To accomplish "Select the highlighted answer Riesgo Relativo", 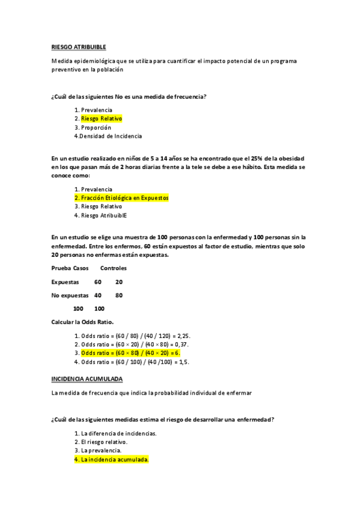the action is pos(101,118).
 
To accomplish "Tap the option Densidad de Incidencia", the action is pos(111,135).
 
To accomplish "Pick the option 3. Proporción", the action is pos(94,127).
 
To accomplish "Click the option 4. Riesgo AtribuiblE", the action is pos(101,214).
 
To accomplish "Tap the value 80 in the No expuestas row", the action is pos(119,295).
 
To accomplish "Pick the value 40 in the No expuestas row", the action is pos(99,295).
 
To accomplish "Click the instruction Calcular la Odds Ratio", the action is pos(82,322).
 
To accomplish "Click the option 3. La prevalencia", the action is pos(101,450).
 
